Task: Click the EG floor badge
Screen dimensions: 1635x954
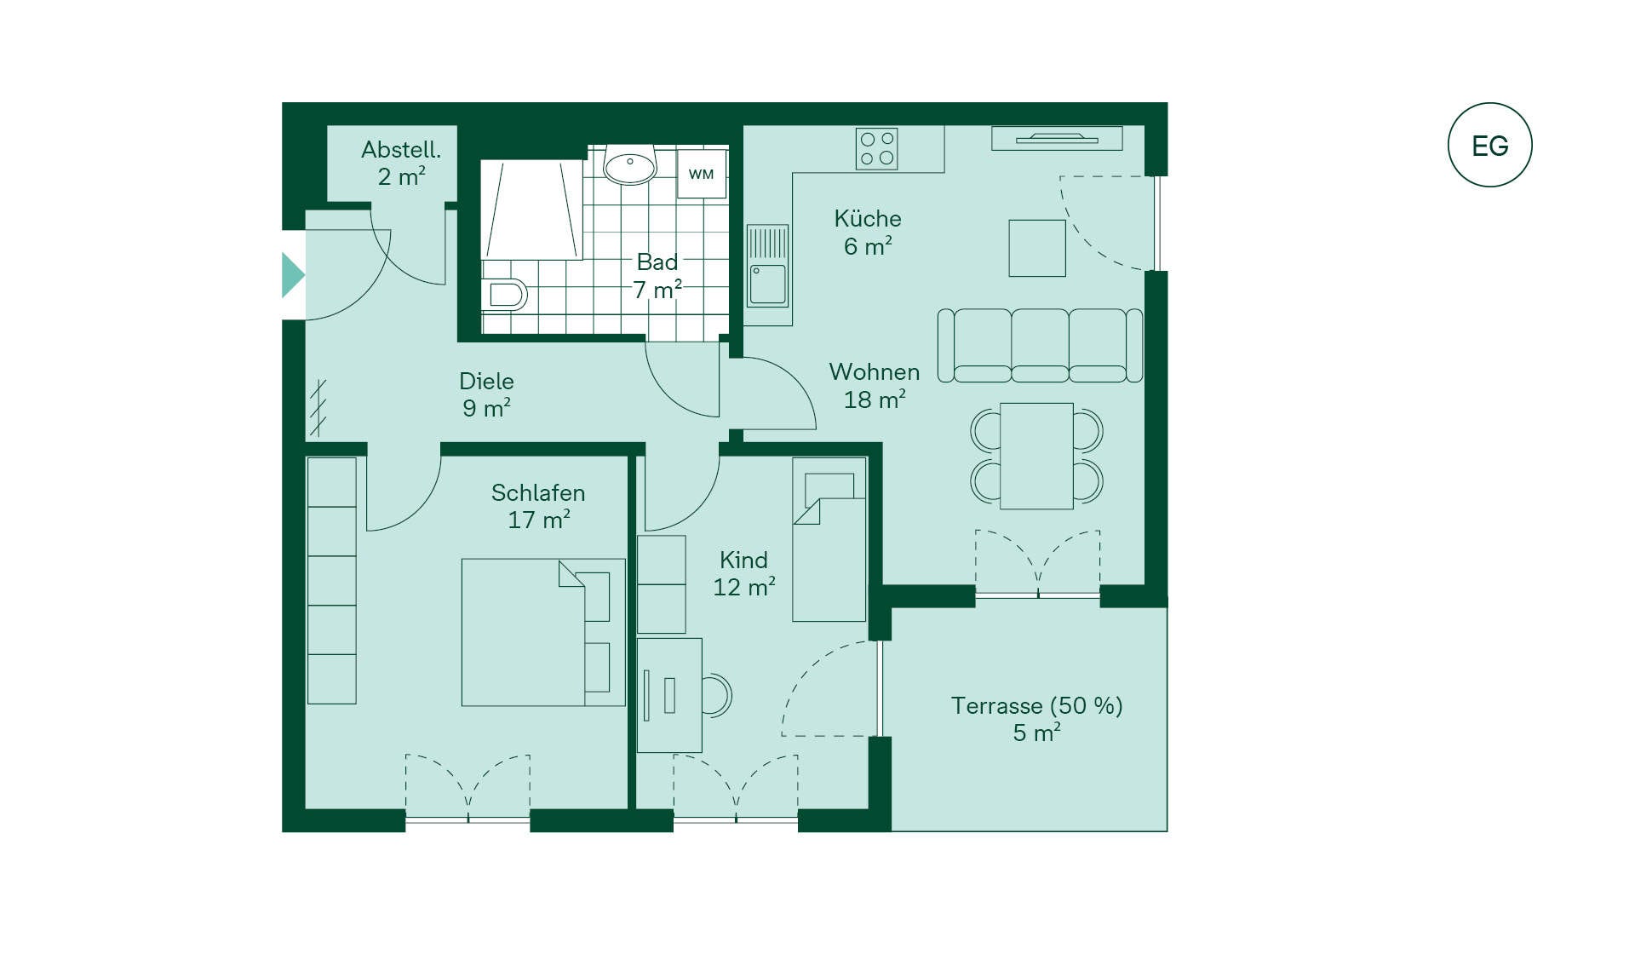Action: pyautogui.click(x=1489, y=145)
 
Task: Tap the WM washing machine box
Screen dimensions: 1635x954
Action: pyautogui.click(x=702, y=174)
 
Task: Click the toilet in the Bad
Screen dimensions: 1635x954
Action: pyautogui.click(x=504, y=294)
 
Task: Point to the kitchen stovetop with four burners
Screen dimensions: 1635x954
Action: pyautogui.click(x=877, y=149)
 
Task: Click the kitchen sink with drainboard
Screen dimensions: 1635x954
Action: pyautogui.click(x=768, y=266)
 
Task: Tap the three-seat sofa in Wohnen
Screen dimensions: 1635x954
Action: pyautogui.click(x=1040, y=345)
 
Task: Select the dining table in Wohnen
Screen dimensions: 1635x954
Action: pyautogui.click(x=1036, y=457)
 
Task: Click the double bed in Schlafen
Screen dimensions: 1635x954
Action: pyautogui.click(x=543, y=632)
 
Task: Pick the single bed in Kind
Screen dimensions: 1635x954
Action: pyautogui.click(x=829, y=540)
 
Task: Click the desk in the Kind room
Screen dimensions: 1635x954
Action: pyautogui.click(x=669, y=695)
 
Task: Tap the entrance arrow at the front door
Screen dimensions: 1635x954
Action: pyautogui.click(x=293, y=274)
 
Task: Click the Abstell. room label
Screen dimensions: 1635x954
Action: pyautogui.click(x=401, y=150)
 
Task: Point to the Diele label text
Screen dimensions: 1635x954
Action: pyautogui.click(x=486, y=381)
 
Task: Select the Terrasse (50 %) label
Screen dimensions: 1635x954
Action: pyautogui.click(x=1036, y=705)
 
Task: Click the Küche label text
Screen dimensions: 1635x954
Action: pyautogui.click(x=868, y=218)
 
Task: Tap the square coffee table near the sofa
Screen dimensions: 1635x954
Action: pyautogui.click(x=1037, y=248)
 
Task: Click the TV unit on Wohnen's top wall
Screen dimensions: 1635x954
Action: pyautogui.click(x=1057, y=138)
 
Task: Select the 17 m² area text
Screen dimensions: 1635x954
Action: pyautogui.click(x=539, y=520)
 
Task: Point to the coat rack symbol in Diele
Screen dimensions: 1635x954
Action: pyautogui.click(x=318, y=408)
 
